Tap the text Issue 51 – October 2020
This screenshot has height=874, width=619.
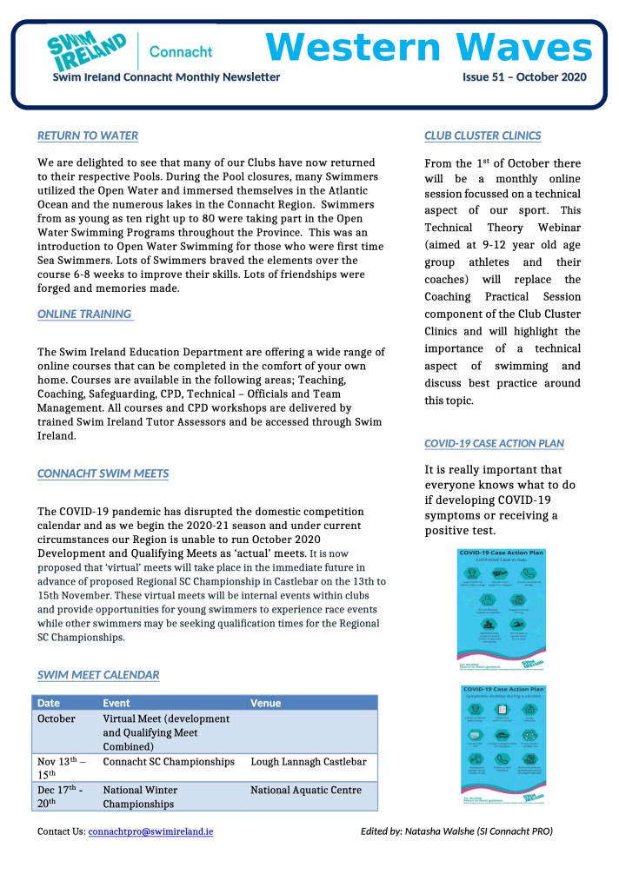[x=524, y=76]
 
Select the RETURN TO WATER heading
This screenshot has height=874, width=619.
[x=87, y=136]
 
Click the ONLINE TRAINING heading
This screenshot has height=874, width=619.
[x=84, y=314]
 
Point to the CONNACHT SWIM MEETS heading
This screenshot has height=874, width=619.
[x=103, y=473]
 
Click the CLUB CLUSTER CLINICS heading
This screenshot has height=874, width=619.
[x=482, y=136]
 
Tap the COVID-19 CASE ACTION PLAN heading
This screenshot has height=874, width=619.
[x=493, y=443]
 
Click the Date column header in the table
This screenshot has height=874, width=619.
[x=49, y=703]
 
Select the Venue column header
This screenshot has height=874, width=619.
[x=265, y=703]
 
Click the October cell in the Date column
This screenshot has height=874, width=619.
[x=57, y=719]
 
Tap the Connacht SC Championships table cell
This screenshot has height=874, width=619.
[x=169, y=762]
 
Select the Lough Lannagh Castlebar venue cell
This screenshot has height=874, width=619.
[x=308, y=762]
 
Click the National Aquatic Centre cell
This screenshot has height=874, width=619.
[x=305, y=791]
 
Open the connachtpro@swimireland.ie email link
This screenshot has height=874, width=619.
[x=150, y=831]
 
